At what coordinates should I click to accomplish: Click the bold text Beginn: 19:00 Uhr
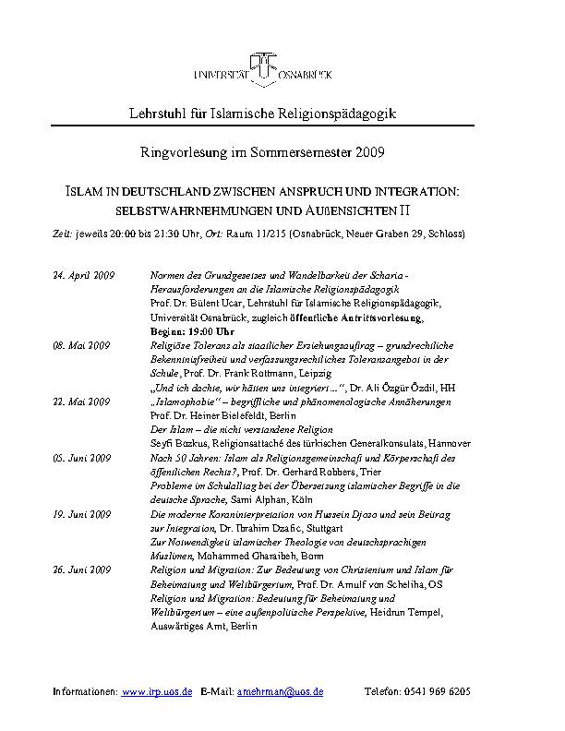191,330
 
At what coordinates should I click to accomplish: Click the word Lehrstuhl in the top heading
153,113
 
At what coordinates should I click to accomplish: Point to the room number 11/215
269,234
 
